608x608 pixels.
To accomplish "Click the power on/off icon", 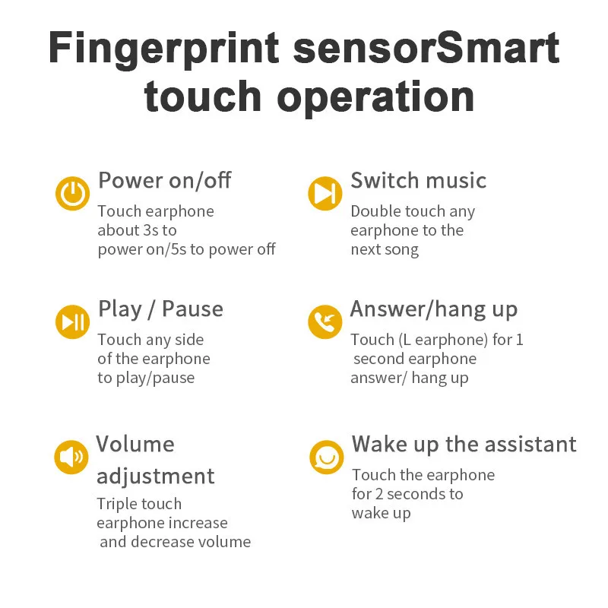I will tap(72, 194).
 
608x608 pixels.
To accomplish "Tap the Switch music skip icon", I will tap(325, 193).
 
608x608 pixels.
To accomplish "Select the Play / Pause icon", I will tap(72, 322).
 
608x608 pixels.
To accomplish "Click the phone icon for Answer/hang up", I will tap(325, 322).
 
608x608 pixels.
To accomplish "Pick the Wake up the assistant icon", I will tap(326, 458).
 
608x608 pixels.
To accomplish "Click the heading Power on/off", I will tap(164, 181).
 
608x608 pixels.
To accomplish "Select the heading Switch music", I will tap(418, 181).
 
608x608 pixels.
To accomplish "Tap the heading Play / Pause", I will tap(160, 309).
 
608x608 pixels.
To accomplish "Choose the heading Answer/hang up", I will tap(433, 309).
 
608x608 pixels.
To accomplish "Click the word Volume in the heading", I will tap(135, 444).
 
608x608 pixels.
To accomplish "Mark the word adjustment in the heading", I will tap(155, 477).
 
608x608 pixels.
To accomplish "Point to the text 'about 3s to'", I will tap(137, 230).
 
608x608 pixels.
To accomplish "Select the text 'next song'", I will tap(385, 249).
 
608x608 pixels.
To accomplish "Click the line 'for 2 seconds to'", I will tap(407, 494).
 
